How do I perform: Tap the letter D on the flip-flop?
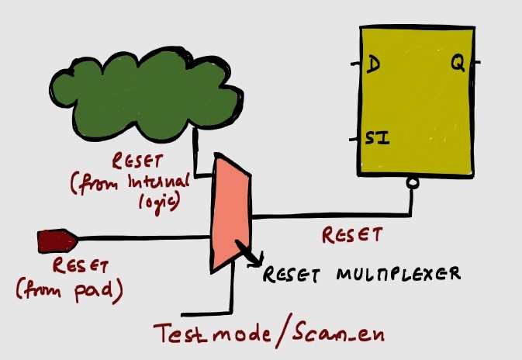[372, 66]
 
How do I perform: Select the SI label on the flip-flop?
[377, 140]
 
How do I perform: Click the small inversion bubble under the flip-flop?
[414, 183]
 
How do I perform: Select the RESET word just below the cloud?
[139, 161]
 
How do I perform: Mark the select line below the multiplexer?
[230, 291]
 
